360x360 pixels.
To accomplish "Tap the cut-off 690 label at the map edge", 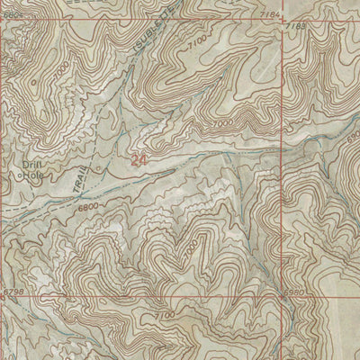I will pyautogui.click(x=353, y=132).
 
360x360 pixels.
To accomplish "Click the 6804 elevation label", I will pyautogui.click(x=11, y=4).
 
